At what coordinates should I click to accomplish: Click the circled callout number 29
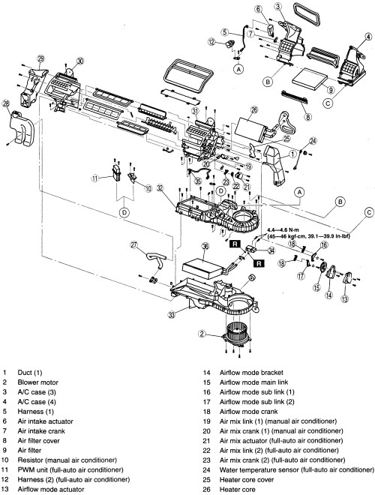pos(41,58)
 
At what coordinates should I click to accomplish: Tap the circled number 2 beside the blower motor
pos(202,334)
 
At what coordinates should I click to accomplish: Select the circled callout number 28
pos(6,103)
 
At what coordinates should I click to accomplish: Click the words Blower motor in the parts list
pos(38,382)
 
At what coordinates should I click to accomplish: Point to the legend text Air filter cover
pos(38,441)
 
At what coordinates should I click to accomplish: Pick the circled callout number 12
pos(211,41)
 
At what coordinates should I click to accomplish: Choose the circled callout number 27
pos(134,245)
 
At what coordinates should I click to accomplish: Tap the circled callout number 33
pos(172,315)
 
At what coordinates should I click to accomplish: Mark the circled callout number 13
pos(345,298)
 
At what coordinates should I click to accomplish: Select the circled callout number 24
pos(313,141)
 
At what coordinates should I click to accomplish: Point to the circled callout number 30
pos(81,61)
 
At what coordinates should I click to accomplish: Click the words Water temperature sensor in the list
pos(259,469)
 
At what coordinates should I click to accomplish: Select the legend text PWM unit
pos(32,469)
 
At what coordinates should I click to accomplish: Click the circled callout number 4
pos(368,37)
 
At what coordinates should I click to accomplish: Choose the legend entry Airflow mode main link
pos(253,382)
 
